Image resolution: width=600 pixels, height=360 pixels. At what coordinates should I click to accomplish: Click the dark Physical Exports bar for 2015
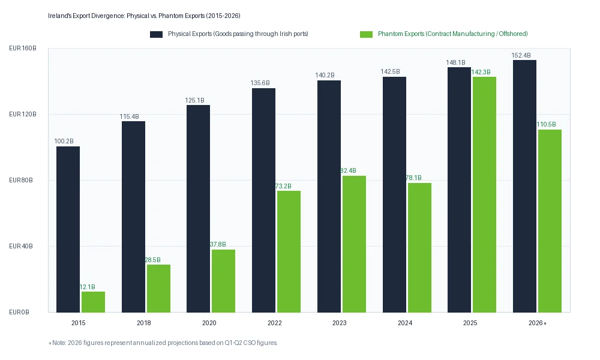[x=68, y=230]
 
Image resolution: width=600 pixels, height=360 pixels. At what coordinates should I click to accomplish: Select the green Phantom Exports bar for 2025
[x=484, y=195]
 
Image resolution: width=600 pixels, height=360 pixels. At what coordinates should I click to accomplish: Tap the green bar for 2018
[x=158, y=289]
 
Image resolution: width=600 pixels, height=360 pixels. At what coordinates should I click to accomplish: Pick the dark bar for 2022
[x=263, y=200]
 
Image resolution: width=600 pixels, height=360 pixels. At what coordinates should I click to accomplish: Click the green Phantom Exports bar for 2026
[x=550, y=221]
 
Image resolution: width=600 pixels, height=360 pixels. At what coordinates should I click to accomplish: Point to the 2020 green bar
[x=223, y=281]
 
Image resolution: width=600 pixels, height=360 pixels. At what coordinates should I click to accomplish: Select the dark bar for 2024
[x=395, y=195]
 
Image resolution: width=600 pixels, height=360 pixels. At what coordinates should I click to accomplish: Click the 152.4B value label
[x=521, y=55]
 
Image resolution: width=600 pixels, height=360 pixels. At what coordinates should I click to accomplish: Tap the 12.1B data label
[x=87, y=287]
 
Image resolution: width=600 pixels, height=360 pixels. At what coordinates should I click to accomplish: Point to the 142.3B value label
[x=481, y=73]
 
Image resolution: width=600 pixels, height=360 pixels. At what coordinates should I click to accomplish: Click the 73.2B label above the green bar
[x=284, y=187]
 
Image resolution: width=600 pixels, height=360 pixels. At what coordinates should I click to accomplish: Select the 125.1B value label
[x=195, y=101]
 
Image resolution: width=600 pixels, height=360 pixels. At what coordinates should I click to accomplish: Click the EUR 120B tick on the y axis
[x=23, y=114]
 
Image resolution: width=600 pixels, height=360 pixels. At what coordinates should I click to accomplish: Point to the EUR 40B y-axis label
[x=20, y=246]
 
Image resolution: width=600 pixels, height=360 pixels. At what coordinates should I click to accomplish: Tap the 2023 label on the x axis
[x=340, y=323]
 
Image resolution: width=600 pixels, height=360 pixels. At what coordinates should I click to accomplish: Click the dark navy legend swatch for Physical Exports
[x=156, y=34]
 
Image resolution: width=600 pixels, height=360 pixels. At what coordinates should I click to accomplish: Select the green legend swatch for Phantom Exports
[x=366, y=34]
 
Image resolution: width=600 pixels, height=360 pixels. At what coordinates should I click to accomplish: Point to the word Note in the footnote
[x=59, y=343]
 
